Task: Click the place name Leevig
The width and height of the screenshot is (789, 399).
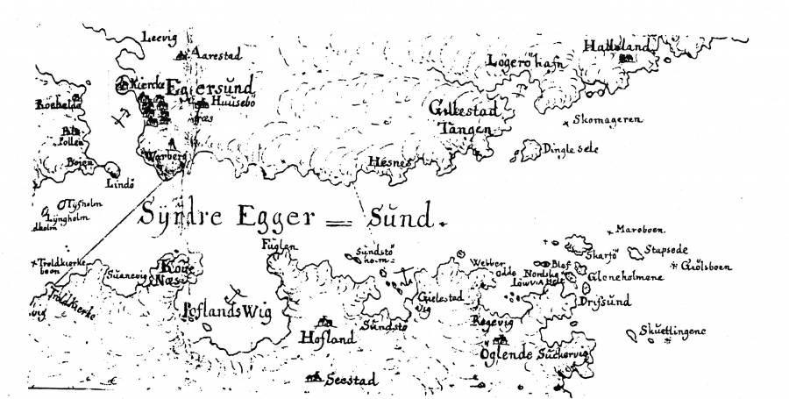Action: tap(160, 36)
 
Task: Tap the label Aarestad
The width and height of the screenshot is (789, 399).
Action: tap(217, 53)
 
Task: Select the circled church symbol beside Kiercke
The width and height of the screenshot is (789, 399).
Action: tap(124, 85)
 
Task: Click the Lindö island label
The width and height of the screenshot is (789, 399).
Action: tap(119, 184)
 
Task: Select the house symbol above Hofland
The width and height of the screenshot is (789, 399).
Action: tap(325, 322)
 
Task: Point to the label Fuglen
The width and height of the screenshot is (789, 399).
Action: tap(274, 247)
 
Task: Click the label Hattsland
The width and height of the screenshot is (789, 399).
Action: tap(619, 46)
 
